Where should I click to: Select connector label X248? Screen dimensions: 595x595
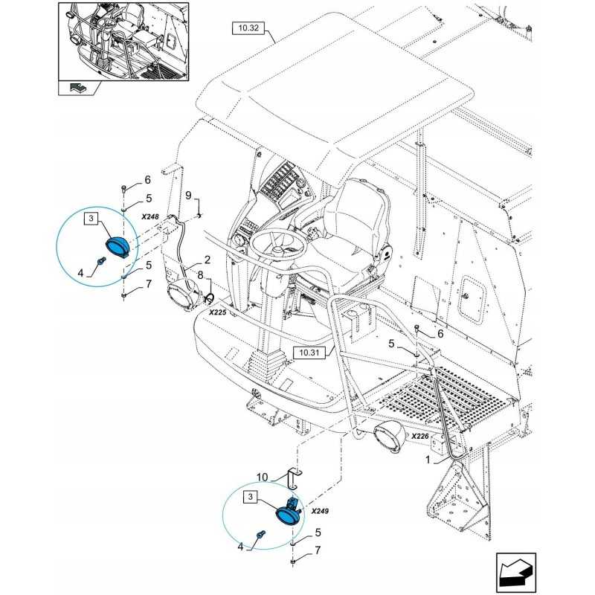[150, 216]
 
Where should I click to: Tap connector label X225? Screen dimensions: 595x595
[217, 314]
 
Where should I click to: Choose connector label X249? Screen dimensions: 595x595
[321, 512]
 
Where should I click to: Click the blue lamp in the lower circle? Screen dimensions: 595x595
[288, 514]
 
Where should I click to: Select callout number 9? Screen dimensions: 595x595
[189, 196]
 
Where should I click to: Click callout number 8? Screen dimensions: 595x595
[200, 276]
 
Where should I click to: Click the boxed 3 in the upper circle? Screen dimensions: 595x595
[90, 218]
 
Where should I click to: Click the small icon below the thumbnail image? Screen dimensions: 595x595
[77, 89]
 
